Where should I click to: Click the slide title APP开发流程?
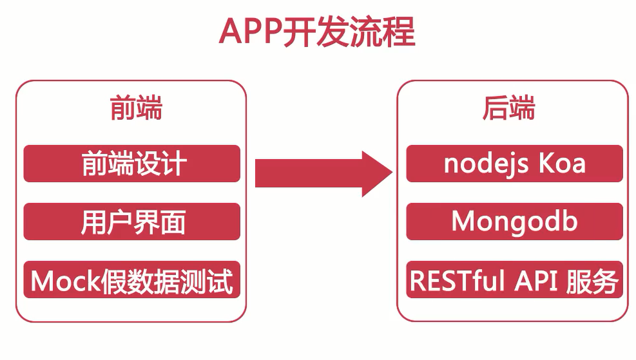[317, 31]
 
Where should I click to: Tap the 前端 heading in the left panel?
[136, 108]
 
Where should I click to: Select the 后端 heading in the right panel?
[508, 108]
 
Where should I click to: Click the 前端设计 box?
[132, 164]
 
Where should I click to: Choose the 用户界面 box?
[132, 222]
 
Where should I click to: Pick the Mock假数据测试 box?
[132, 279]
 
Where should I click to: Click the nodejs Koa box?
[514, 164]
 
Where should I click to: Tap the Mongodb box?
[514, 222]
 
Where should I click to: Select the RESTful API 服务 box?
[514, 279]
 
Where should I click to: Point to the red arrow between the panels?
[323, 173]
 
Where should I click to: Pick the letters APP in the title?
[250, 32]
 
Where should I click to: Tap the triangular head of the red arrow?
[377, 173]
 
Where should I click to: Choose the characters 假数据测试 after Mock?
[167, 281]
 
